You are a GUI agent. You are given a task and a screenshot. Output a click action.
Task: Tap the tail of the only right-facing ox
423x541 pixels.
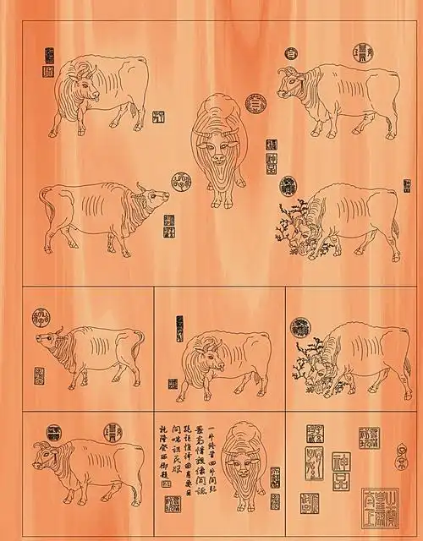[x=44, y=203]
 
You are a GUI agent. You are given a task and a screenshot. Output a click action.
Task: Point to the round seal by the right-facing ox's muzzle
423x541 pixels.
[x=180, y=178]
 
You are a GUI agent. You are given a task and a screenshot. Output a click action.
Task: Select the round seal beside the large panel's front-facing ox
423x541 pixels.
[x=253, y=103]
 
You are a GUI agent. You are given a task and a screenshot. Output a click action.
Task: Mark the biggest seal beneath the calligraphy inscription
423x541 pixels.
[x=174, y=505]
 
